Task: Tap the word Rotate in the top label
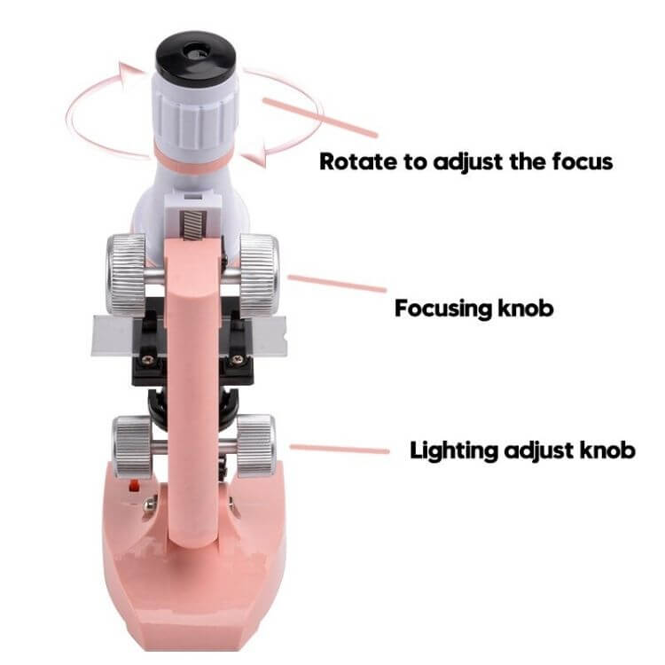pyautogui.click(x=358, y=161)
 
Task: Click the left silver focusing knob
pyautogui.click(x=127, y=276)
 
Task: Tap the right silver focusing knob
pyautogui.click(x=259, y=276)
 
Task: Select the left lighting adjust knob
pyautogui.click(x=132, y=446)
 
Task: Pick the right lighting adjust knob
pyautogui.click(x=255, y=445)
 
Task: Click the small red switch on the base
pyautogui.click(x=135, y=486)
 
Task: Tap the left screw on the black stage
pyautogui.click(x=148, y=360)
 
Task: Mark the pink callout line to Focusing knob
pyautogui.click(x=337, y=284)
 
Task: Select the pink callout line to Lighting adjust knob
pyautogui.click(x=340, y=449)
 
